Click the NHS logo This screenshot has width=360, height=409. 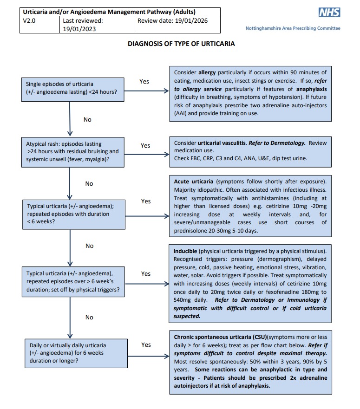click(329, 13)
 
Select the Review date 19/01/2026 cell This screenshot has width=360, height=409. click(178, 21)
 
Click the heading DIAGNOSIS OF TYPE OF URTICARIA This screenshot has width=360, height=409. click(181, 44)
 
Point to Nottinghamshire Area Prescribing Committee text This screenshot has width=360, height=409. click(293, 28)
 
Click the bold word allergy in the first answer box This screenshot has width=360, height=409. click(207, 72)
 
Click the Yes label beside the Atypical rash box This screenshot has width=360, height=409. click(145, 145)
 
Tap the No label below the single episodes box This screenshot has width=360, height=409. click(87, 119)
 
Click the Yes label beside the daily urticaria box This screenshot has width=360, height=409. click(146, 344)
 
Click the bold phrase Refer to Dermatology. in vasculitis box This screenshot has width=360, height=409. click(277, 143)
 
